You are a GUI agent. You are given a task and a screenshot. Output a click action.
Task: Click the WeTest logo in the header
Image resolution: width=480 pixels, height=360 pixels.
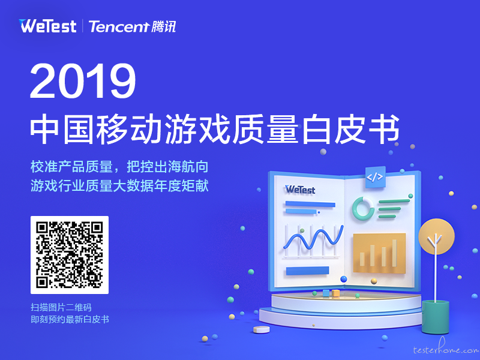47,26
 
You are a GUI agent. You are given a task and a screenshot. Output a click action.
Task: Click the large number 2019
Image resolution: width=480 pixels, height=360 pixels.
83,81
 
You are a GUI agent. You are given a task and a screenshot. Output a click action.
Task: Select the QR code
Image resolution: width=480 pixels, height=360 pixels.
70,255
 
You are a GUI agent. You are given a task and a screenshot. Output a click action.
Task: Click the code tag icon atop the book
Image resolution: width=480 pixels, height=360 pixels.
375,177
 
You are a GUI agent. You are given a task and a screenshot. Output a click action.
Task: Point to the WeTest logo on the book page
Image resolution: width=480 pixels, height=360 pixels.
300,190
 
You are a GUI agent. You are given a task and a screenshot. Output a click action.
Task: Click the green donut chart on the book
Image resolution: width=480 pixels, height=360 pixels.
363,208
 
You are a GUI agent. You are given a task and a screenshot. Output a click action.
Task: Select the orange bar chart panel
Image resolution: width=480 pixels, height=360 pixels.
380,253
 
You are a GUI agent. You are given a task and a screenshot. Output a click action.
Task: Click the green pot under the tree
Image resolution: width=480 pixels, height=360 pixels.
436,317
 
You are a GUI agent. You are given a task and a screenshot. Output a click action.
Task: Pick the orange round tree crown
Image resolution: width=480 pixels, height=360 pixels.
437,236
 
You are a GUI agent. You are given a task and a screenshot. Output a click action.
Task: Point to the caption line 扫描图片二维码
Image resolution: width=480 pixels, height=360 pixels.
61,307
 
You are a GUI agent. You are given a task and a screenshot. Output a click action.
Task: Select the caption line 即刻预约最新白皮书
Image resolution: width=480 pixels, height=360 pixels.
70,319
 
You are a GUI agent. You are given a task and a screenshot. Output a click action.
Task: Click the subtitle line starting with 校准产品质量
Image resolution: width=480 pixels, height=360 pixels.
119,167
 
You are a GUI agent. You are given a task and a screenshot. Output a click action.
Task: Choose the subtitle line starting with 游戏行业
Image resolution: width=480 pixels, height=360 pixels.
119,186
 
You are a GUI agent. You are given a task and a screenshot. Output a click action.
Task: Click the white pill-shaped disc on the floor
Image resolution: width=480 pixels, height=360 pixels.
262,329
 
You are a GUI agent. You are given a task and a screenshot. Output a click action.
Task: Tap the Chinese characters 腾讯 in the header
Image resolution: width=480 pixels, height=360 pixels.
164,26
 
